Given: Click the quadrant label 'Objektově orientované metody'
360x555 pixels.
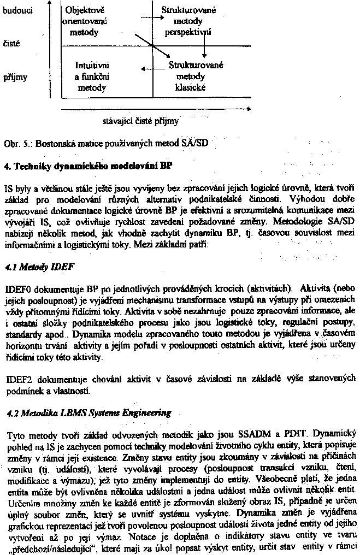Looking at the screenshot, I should pyautogui.click(x=85, y=21).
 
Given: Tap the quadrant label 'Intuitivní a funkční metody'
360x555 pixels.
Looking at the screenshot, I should pyautogui.click(x=91, y=76).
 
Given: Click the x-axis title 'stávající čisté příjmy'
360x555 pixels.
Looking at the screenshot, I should pyautogui.click(x=140, y=120).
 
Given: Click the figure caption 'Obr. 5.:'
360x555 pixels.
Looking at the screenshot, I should pyautogui.click(x=15, y=146).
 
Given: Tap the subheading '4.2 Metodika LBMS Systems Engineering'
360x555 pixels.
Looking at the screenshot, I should pyautogui.click(x=87, y=413).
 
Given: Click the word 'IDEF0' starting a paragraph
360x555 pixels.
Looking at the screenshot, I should pyautogui.click(x=17, y=288).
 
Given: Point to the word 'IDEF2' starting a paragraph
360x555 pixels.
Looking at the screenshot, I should pyautogui.click(x=17, y=377).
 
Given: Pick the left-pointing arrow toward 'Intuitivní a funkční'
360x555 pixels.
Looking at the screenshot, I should pyautogui.click(x=150, y=69).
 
